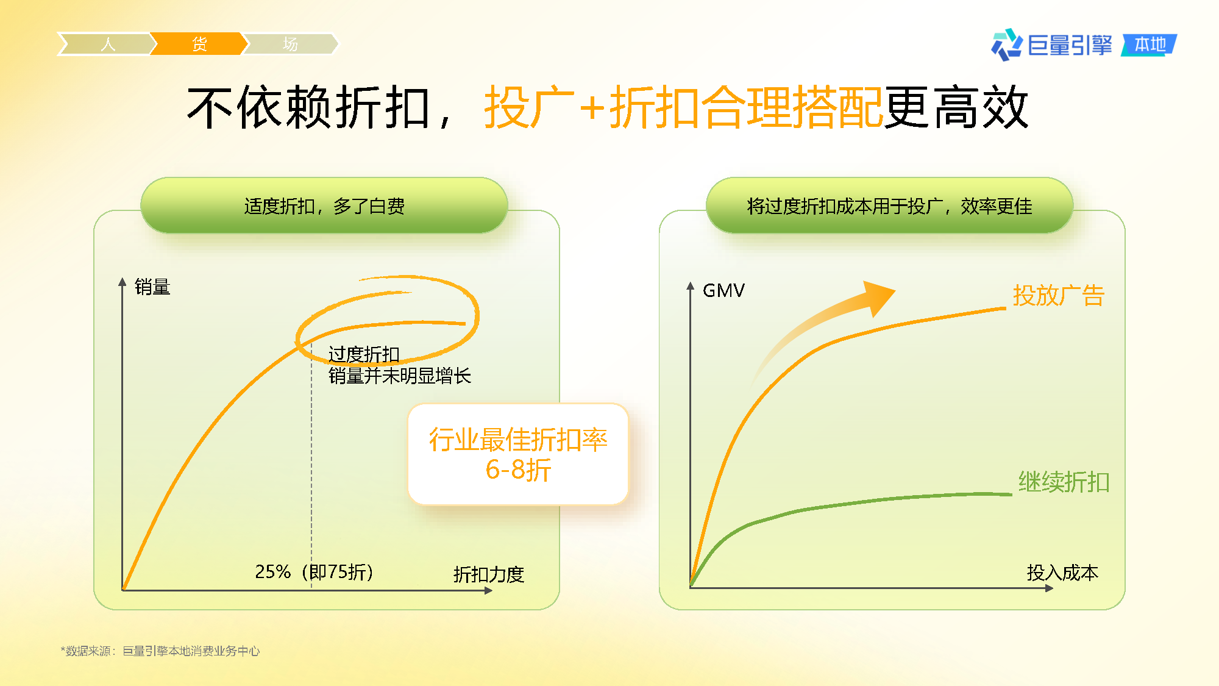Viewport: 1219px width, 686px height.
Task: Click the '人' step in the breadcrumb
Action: tap(107, 44)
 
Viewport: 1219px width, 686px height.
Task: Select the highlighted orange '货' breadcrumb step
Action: tap(199, 44)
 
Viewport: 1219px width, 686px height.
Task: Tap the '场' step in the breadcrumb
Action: tap(290, 44)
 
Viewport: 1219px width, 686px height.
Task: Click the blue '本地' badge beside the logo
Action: tap(1150, 45)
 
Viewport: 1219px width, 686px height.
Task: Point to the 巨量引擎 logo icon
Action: tap(1006, 45)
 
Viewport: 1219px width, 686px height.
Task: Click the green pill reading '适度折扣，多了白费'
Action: tap(324, 205)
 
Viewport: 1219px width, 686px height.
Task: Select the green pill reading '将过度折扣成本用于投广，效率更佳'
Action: tap(889, 205)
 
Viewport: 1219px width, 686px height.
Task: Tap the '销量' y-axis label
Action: tap(152, 287)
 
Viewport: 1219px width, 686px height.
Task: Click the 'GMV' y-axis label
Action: tap(723, 290)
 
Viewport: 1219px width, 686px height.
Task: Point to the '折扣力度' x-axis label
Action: tap(489, 574)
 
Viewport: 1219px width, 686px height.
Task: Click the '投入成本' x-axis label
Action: tap(1062, 573)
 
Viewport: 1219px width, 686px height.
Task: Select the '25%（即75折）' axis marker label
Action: tap(315, 572)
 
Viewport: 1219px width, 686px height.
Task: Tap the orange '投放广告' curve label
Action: tap(1059, 296)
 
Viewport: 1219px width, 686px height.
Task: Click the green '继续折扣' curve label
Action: tap(1064, 482)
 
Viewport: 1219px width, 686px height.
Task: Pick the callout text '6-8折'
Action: tap(518, 470)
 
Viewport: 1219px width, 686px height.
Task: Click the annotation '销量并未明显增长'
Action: tap(400, 376)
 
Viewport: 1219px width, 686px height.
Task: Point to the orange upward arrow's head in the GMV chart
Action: tap(877, 296)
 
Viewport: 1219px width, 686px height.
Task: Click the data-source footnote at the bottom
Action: tap(160, 651)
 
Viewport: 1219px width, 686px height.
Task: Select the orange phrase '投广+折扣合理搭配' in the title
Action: tap(683, 107)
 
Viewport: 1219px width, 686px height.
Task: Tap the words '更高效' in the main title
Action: tap(956, 107)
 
